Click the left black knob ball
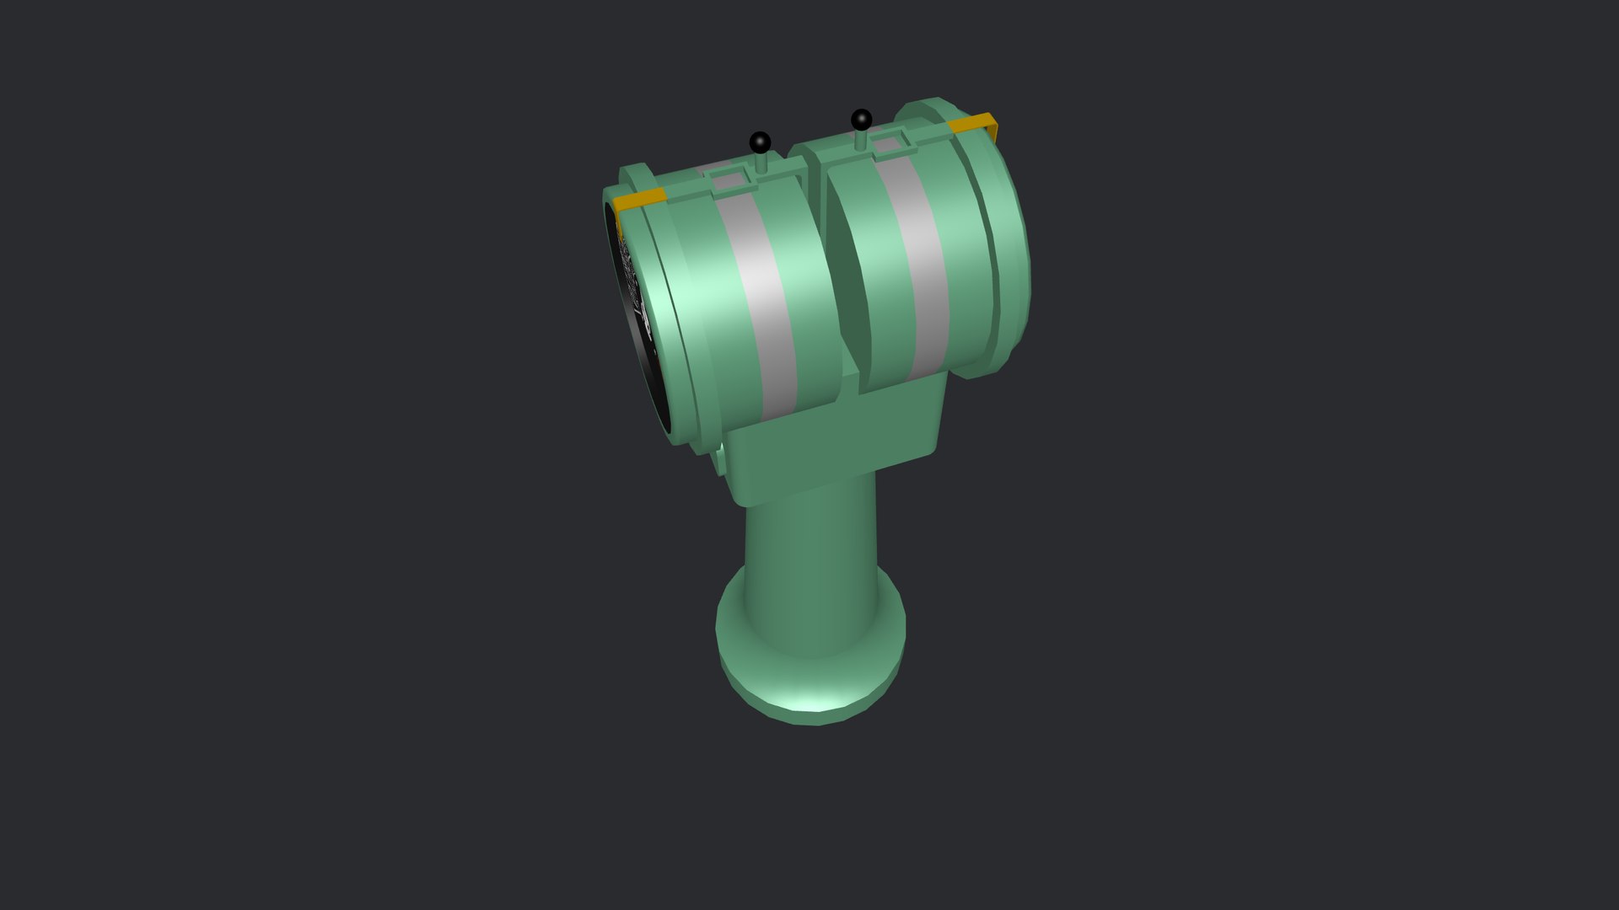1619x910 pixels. tap(760, 141)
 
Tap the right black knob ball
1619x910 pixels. tap(861, 119)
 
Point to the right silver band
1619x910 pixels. tap(919, 253)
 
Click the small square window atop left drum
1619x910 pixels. tap(726, 179)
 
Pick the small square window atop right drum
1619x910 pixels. tap(885, 144)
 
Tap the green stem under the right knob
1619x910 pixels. tap(861, 140)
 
